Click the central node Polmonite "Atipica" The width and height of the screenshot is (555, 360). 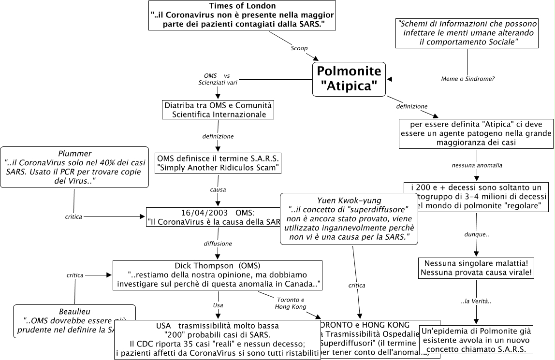(349, 79)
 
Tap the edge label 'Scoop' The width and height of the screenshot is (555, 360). (299, 48)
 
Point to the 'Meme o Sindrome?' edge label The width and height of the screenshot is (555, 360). (467, 79)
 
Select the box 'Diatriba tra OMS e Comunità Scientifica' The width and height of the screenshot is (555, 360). (218, 110)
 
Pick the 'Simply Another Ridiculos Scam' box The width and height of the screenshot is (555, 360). (218, 163)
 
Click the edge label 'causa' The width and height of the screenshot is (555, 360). (218, 189)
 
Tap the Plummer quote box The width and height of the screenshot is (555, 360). (74, 167)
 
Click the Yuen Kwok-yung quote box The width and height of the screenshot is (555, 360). (349, 219)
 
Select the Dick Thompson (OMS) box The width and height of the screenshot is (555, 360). (218, 275)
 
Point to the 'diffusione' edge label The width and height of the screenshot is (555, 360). (218, 243)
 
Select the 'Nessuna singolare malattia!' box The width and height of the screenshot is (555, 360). (477, 268)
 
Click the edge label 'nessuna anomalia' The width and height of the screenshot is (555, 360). (477, 165)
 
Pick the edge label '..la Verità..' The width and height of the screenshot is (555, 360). (476, 302)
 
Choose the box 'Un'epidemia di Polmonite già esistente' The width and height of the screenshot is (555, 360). (477, 340)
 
